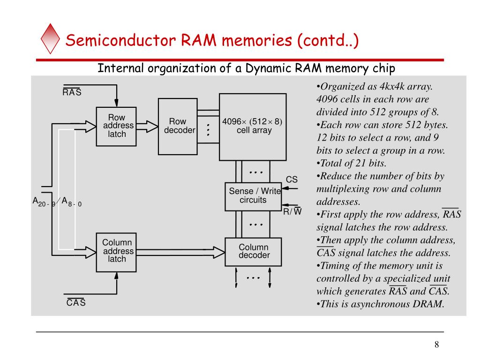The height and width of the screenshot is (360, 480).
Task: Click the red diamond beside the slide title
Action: (x=50, y=38)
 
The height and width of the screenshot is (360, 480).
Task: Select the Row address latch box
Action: (x=116, y=127)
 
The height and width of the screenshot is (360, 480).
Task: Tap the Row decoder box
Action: (x=178, y=127)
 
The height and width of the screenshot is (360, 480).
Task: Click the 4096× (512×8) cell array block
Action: (x=253, y=127)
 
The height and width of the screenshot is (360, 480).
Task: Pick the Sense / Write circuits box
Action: (x=253, y=196)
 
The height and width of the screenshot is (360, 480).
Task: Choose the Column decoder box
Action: (x=253, y=252)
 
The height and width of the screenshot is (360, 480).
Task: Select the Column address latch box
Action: (x=116, y=252)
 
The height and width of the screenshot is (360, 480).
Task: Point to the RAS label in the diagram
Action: (x=72, y=91)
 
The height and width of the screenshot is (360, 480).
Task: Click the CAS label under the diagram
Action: (x=76, y=302)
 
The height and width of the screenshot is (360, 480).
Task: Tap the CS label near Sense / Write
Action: (x=292, y=180)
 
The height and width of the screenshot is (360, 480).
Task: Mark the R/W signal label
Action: (x=292, y=211)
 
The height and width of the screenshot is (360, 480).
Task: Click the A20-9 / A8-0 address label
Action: (x=57, y=202)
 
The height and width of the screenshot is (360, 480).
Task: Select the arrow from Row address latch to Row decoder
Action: (x=147, y=127)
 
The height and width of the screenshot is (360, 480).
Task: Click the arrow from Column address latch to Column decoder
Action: (x=180, y=252)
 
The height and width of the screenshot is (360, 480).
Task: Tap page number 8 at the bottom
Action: (x=436, y=345)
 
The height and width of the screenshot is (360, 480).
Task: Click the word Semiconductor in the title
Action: (x=121, y=40)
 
